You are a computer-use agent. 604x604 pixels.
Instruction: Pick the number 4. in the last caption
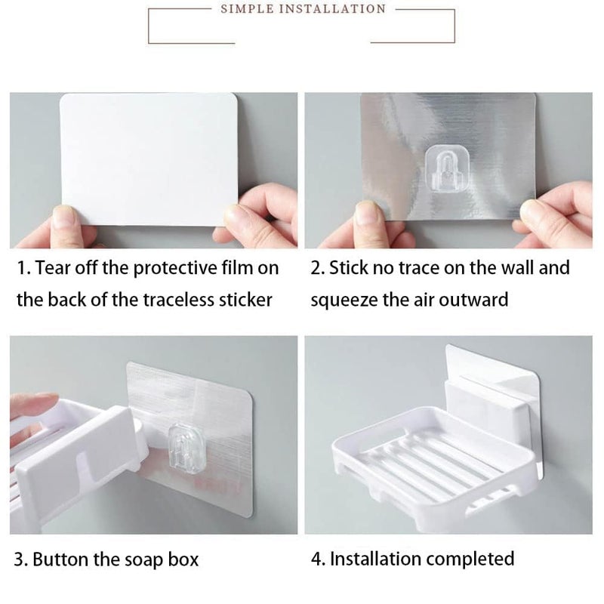pyautogui.click(x=317, y=559)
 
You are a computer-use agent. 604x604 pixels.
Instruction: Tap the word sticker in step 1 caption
pyautogui.click(x=242, y=300)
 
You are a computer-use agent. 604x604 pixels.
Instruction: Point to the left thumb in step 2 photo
pyautogui.click(x=369, y=215)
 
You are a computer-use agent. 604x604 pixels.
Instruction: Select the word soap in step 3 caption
pyautogui.click(x=143, y=559)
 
